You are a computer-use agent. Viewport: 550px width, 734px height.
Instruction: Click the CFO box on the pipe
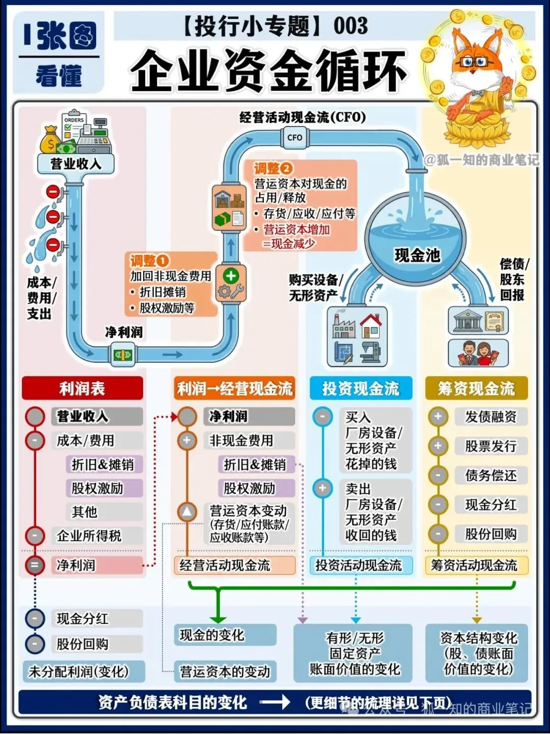click(x=294, y=138)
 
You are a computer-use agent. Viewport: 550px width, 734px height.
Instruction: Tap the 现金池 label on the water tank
click(x=417, y=255)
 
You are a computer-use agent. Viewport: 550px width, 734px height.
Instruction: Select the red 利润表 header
click(x=82, y=388)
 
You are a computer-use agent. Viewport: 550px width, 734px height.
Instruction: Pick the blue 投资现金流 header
click(x=361, y=388)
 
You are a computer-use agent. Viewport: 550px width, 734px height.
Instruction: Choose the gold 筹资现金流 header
click(x=476, y=388)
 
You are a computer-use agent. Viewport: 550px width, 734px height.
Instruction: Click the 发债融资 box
click(x=490, y=417)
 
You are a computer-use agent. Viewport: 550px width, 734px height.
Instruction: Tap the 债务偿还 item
click(x=490, y=476)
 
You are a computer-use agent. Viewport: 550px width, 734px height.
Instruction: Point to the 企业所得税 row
click(x=89, y=536)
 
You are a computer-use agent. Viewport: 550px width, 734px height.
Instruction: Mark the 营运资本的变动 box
click(x=225, y=672)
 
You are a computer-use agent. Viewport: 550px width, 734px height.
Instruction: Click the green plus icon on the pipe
click(x=231, y=276)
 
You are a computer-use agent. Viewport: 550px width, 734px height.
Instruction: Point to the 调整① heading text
click(x=149, y=261)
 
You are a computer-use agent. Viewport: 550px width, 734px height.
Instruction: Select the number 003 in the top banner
click(x=350, y=26)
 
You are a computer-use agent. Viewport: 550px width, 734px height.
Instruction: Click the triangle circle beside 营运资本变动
click(x=187, y=511)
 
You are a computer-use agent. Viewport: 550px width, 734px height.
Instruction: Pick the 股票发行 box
click(x=490, y=447)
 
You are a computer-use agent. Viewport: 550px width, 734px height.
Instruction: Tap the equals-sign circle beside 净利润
click(x=35, y=565)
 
